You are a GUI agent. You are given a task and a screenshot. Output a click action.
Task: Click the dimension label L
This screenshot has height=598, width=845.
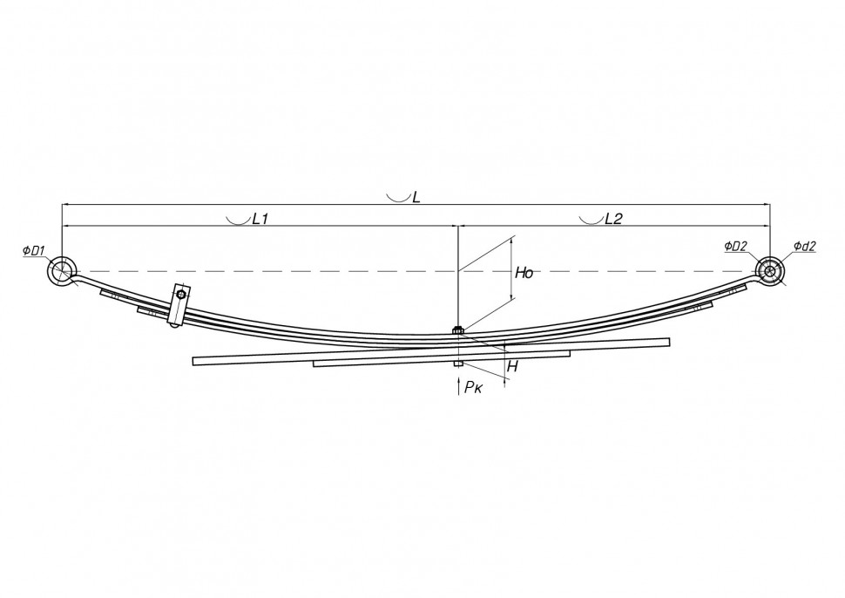tap(416, 197)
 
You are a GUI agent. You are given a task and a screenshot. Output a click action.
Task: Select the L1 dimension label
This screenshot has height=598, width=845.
tap(260, 219)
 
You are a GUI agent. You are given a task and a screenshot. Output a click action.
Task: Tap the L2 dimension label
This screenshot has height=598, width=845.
tap(613, 219)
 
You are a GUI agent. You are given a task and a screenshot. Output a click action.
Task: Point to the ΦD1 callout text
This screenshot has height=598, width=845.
tap(33, 250)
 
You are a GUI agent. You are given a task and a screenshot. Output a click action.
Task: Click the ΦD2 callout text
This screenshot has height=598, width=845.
tap(735, 246)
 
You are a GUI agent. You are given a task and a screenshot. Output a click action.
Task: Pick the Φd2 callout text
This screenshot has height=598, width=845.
tap(805, 246)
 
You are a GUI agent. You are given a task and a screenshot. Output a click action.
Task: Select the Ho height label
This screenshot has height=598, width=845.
tap(524, 273)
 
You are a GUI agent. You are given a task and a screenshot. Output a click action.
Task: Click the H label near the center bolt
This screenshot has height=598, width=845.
tap(512, 367)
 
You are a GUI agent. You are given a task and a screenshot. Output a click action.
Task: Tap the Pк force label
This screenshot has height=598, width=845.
tap(474, 387)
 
